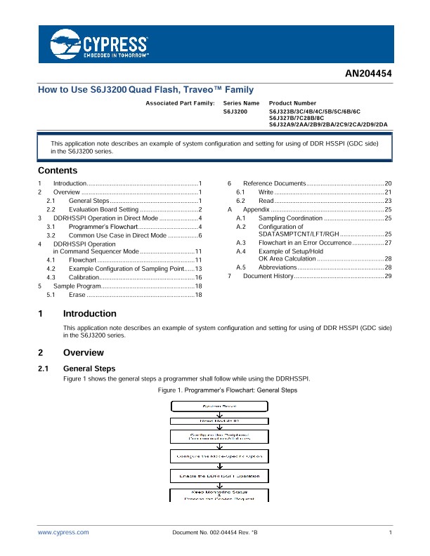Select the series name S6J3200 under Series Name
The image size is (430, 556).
(235, 112)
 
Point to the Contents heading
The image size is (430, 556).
(58, 171)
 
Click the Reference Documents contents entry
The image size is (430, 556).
(273, 183)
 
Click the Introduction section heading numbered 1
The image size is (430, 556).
(89, 313)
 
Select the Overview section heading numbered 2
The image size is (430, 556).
(83, 352)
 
